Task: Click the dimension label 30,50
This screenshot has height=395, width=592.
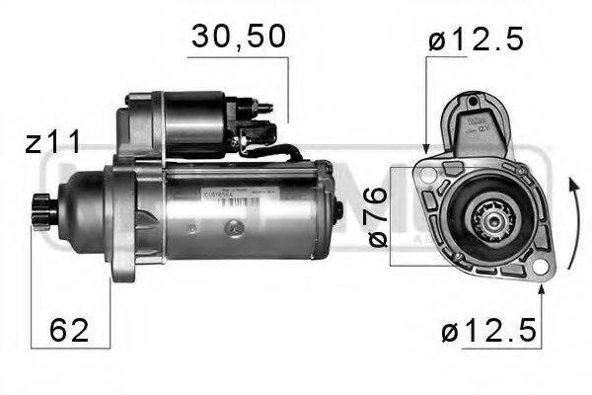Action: [237, 37]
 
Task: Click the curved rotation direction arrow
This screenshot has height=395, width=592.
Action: [571, 227]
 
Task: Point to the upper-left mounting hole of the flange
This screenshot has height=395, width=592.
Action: [426, 172]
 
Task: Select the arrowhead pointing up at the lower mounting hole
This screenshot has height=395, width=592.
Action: [540, 288]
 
